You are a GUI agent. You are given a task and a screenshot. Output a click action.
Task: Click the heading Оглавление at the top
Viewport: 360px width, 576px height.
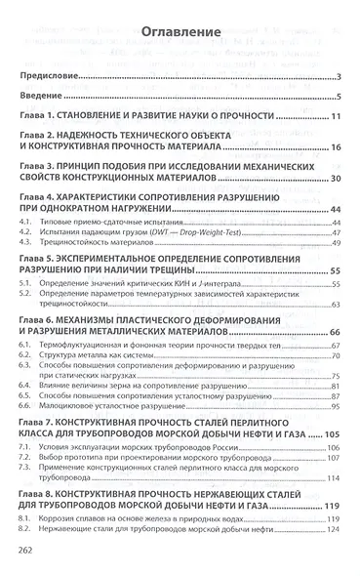coord(180,33)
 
